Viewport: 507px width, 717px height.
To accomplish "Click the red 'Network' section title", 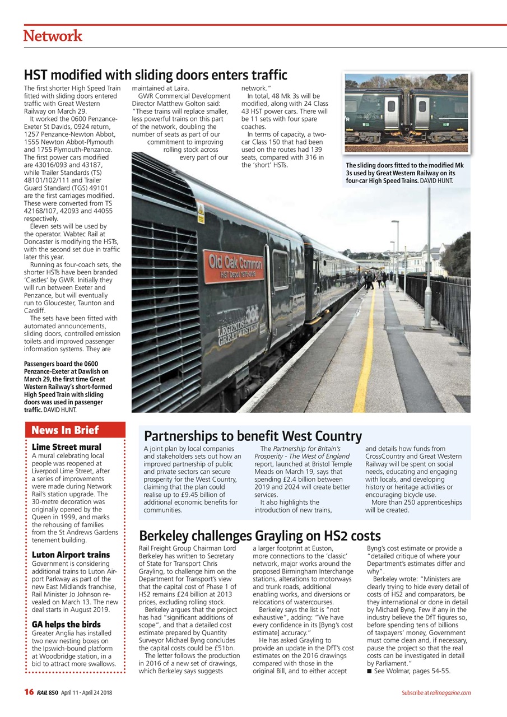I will tap(53, 36).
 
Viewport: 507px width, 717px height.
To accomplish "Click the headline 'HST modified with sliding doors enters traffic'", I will tap(155, 75).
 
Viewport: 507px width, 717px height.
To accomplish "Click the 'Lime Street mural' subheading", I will tap(67, 447).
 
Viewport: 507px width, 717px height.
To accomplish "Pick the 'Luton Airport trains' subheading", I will tap(71, 555).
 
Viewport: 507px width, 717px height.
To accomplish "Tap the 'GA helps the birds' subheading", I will tap(66, 624).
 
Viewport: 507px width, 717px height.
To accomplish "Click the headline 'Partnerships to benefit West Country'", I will tap(253, 436).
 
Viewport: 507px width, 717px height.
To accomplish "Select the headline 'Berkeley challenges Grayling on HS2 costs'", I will tap(259, 536).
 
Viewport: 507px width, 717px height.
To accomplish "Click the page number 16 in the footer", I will tap(29, 692).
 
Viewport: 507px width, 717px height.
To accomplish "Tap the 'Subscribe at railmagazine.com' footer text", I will tap(436, 693).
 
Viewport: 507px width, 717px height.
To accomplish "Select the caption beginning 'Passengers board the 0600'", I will tap(68, 387).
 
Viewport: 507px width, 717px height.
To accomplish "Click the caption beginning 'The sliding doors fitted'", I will tap(404, 173).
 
